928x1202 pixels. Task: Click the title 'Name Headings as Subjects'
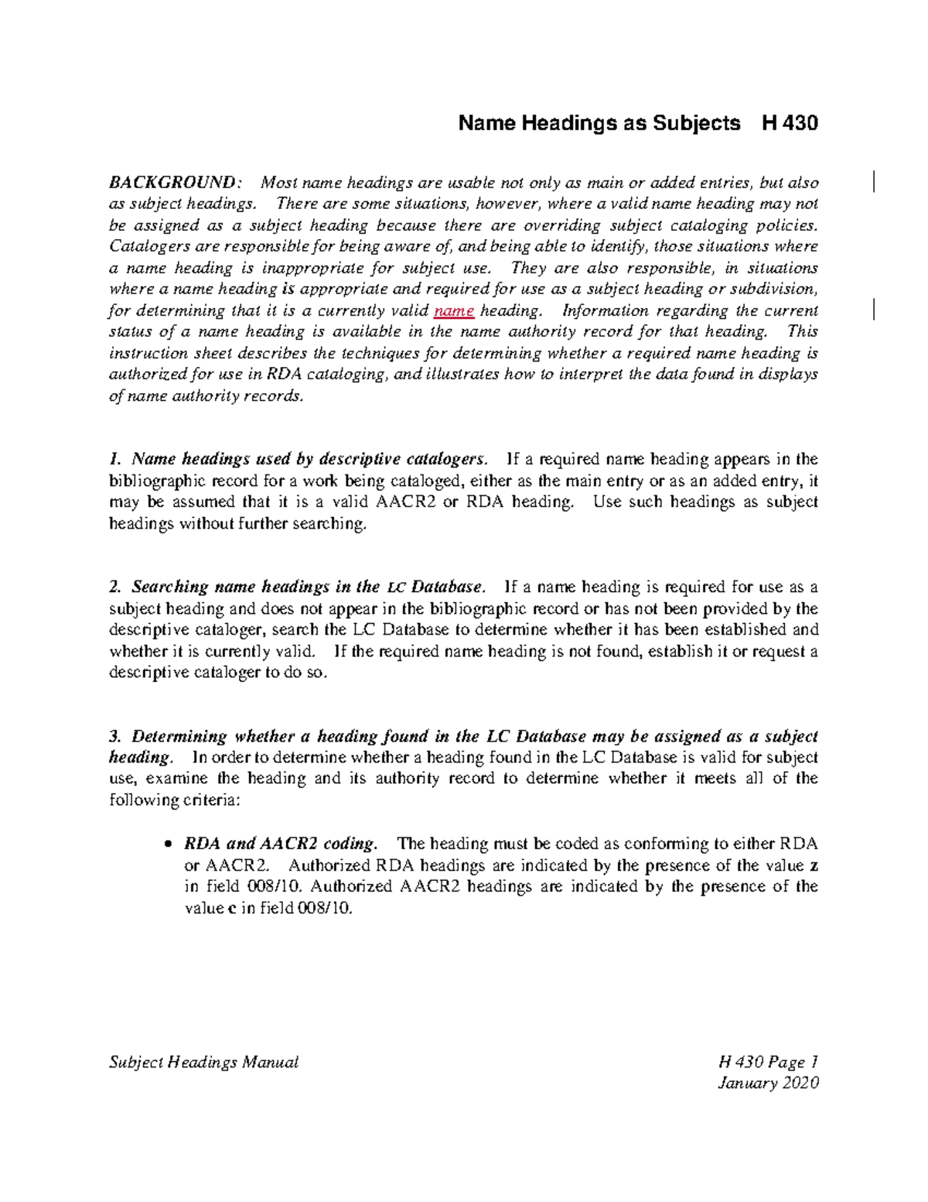(x=599, y=123)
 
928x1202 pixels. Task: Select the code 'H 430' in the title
(x=790, y=123)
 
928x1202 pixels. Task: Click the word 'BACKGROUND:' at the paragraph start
(x=176, y=183)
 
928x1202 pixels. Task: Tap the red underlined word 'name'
(x=454, y=310)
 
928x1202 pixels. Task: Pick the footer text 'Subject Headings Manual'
(x=203, y=1062)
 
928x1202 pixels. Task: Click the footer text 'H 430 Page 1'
(x=768, y=1062)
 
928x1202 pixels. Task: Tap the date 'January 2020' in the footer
(x=768, y=1083)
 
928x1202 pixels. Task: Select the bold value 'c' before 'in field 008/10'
(x=231, y=909)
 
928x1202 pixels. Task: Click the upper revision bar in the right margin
(x=873, y=183)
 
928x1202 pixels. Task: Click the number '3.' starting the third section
(x=116, y=736)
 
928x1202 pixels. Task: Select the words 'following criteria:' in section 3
(x=176, y=800)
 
